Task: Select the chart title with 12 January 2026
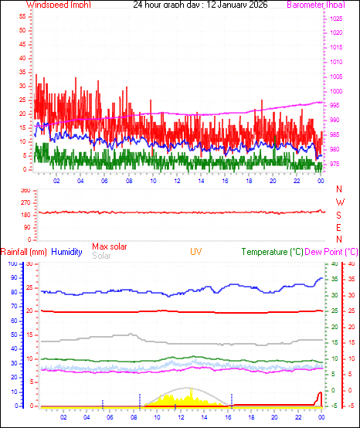click(x=182, y=5)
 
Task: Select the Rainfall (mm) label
click(x=23, y=252)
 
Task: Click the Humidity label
click(x=67, y=252)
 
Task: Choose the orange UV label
click(x=196, y=252)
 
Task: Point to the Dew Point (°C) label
click(x=332, y=252)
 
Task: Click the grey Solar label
click(x=101, y=255)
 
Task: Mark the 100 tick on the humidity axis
click(x=12, y=264)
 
